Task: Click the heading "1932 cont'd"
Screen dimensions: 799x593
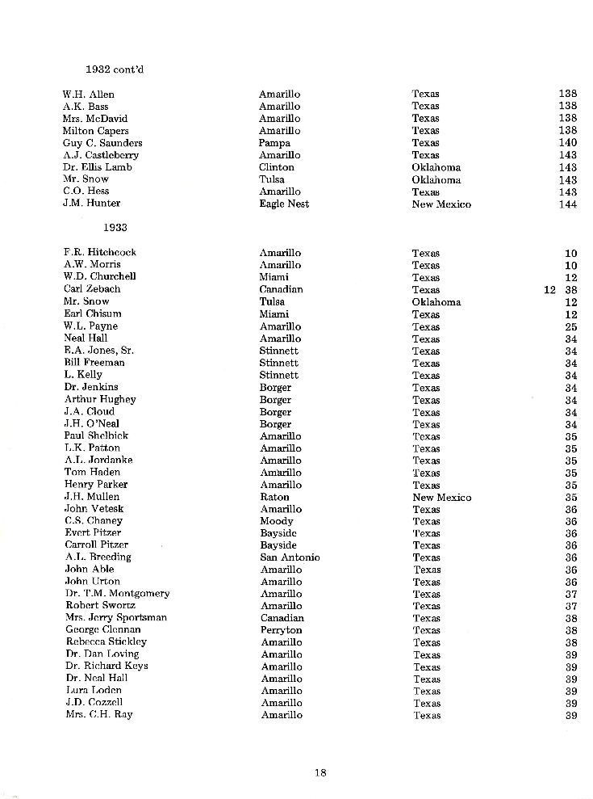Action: click(115, 69)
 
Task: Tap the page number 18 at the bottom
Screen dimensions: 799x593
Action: click(320, 772)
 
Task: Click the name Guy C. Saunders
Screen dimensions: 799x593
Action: click(102, 143)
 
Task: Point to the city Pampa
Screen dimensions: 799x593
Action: click(274, 143)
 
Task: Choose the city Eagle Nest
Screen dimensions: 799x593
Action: click(283, 204)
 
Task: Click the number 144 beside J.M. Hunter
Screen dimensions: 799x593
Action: click(567, 204)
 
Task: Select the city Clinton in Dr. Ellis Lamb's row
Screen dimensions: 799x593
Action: click(276, 167)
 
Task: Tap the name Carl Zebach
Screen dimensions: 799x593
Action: click(92, 289)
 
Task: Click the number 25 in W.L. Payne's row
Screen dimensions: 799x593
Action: click(570, 326)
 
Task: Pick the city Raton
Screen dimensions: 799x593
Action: click(274, 497)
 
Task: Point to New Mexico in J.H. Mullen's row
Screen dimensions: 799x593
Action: click(441, 497)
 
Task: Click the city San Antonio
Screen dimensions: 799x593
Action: click(290, 557)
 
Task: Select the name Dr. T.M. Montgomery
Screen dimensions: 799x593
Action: click(117, 594)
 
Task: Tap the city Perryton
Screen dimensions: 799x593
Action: click(281, 630)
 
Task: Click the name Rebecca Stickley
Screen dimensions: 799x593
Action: click(106, 642)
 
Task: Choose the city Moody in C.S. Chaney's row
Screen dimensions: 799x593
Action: click(276, 521)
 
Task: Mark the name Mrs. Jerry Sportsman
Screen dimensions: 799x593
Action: click(115, 618)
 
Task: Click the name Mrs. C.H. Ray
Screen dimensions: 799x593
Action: click(98, 715)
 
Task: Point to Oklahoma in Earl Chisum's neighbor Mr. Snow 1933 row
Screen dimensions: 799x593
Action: click(436, 301)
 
